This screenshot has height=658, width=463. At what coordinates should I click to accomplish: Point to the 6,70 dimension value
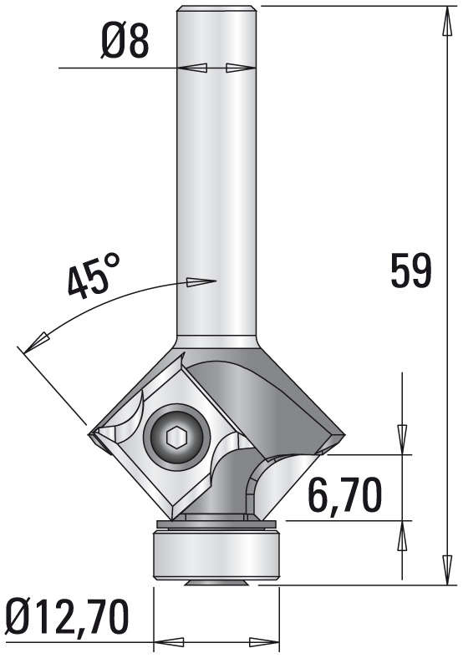point(344,495)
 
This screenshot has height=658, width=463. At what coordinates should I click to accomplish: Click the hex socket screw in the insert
point(176,437)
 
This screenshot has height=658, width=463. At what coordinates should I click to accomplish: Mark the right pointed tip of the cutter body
point(343,434)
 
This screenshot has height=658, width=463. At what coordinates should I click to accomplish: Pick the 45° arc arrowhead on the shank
point(200,282)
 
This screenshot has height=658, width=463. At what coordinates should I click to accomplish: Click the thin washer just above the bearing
point(216,524)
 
